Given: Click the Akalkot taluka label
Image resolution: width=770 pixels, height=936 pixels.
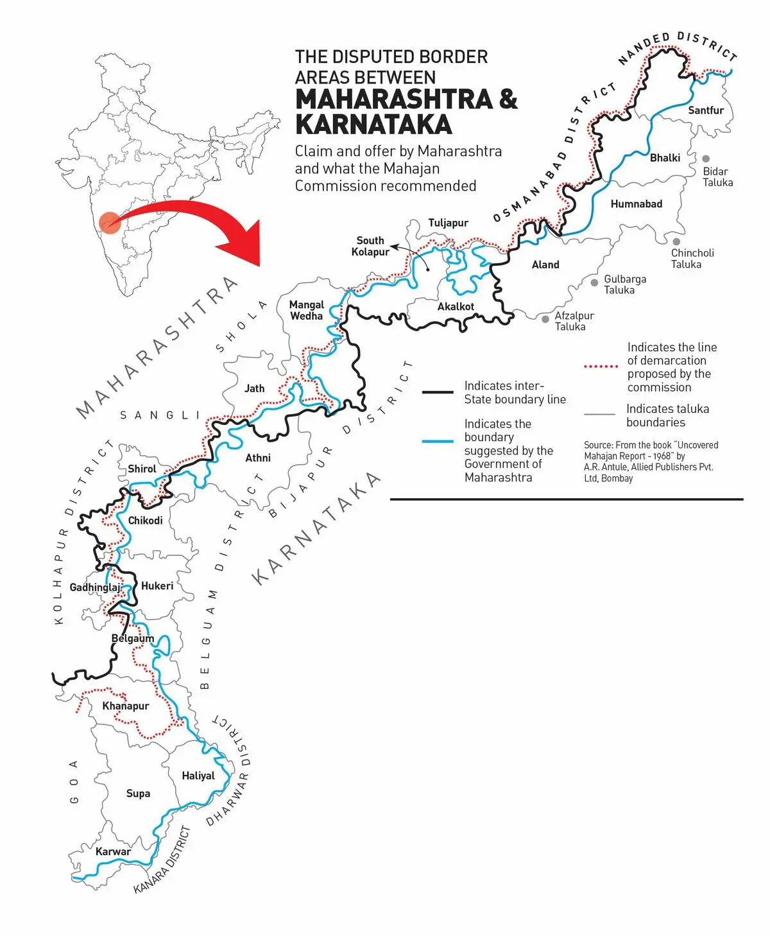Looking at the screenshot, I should point(456,307).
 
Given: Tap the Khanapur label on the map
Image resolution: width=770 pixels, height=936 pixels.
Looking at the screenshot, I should point(126,706).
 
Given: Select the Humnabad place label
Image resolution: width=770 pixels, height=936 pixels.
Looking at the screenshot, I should point(636,204).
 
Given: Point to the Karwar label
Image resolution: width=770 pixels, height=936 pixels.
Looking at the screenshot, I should point(113,852).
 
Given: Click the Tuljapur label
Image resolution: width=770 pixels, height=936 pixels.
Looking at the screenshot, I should point(449,223).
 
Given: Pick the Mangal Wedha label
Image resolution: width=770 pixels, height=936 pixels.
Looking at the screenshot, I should point(307,310).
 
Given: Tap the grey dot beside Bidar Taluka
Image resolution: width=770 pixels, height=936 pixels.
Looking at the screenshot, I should point(706,159).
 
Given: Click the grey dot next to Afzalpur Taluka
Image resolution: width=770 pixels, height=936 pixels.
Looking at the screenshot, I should point(545,318).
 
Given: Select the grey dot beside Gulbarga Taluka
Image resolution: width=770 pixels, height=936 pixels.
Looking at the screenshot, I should point(595,282).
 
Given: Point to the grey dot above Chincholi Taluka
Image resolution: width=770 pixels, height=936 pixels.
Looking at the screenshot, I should point(676,242).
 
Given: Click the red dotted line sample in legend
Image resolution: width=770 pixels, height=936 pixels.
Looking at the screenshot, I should point(601,367).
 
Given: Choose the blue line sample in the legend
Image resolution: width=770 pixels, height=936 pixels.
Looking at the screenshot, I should point(438,441).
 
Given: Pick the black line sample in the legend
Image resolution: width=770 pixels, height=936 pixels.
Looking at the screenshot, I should point(438,392).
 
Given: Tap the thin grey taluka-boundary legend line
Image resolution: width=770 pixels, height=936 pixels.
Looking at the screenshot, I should point(600,415).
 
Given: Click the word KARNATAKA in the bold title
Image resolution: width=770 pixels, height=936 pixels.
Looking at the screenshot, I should point(373,125).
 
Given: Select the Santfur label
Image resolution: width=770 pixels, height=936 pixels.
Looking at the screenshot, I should point(706,110).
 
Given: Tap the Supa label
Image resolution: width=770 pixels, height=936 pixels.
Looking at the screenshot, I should point(138,794).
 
